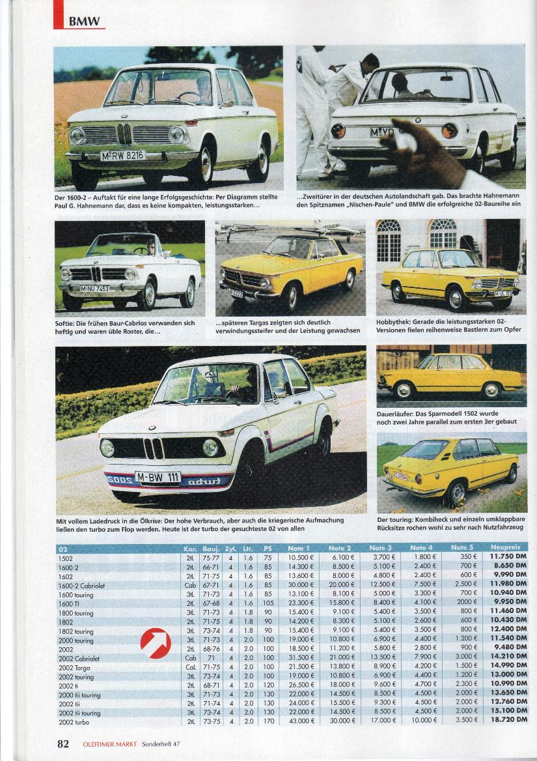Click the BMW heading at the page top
click(85, 21)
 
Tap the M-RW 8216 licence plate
click(122, 156)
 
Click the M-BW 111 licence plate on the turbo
click(158, 476)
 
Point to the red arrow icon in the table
click(156, 643)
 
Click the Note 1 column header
click(299, 548)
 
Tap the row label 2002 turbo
click(74, 723)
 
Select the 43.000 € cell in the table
click(301, 722)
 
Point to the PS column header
click(268, 548)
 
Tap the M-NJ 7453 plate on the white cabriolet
click(94, 289)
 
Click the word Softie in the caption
click(65, 323)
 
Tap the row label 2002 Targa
click(74, 667)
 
